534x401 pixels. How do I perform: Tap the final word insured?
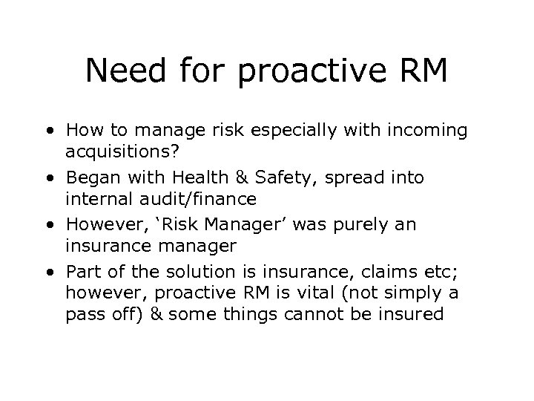pos(407,314)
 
